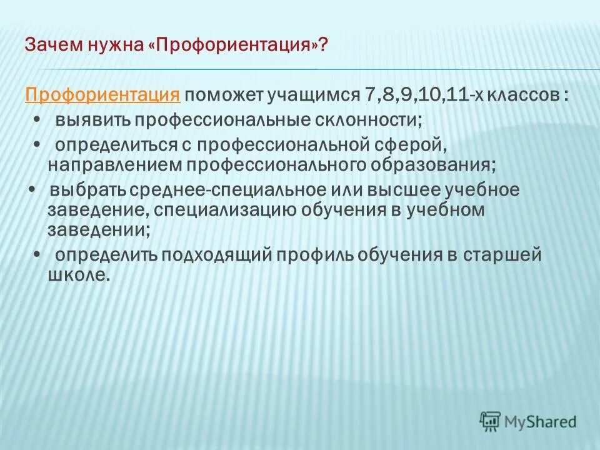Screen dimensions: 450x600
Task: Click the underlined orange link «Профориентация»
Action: (103, 96)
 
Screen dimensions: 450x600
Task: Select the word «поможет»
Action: (224, 96)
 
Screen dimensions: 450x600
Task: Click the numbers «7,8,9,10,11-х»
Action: (411, 96)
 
